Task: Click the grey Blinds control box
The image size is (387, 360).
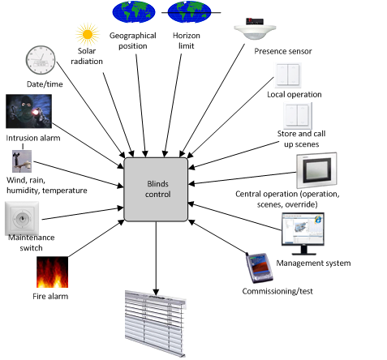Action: click(156, 190)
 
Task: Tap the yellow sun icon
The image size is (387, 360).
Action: click(88, 34)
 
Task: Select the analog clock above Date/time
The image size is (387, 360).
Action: click(41, 60)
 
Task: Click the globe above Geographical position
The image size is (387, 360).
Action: click(134, 12)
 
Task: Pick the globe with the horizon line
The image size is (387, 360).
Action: click(189, 12)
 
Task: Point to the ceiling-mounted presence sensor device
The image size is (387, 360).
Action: click(255, 29)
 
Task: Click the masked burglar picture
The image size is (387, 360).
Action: click(28, 111)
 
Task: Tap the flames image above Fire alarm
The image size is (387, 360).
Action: click(52, 272)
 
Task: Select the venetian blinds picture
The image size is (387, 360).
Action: click(156, 324)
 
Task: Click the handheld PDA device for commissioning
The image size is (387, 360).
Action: click(259, 268)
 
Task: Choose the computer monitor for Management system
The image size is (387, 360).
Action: click(303, 234)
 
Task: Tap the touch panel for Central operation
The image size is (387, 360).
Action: click(316, 170)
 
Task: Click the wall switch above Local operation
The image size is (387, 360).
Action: click(288, 75)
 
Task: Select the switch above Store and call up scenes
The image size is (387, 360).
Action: click(298, 116)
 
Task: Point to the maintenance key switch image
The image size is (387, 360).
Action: click(22, 218)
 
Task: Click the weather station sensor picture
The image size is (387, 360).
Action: click(22, 161)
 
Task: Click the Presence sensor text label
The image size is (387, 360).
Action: click(283, 51)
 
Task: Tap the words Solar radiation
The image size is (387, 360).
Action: click(87, 56)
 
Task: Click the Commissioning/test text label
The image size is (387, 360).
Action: click(277, 291)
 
